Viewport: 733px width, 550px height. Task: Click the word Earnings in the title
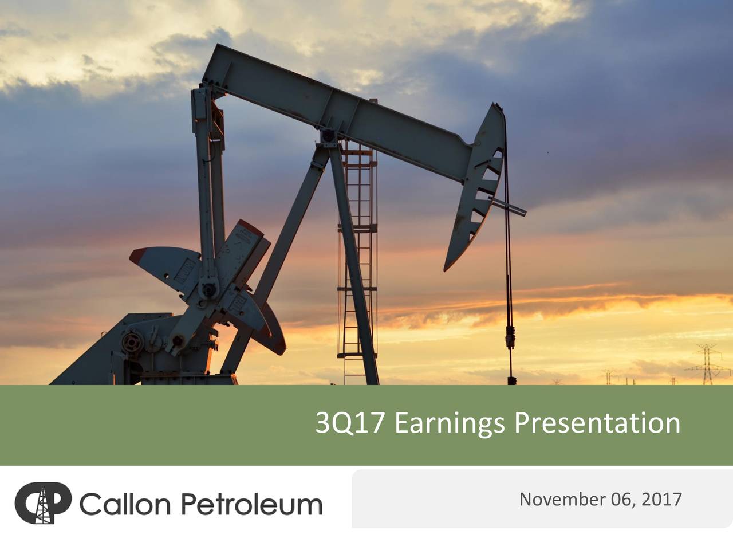coord(450,423)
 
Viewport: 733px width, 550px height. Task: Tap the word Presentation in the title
coord(597,423)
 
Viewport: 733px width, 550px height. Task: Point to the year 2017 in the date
coord(661,500)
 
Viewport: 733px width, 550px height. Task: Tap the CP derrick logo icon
coord(42,503)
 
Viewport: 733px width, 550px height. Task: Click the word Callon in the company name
coord(125,504)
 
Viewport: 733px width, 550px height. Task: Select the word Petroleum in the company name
coord(251,504)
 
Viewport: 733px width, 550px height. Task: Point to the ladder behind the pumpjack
coord(358,258)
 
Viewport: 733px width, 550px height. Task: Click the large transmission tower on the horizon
coord(708,363)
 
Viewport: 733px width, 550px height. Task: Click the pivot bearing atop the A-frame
coord(329,137)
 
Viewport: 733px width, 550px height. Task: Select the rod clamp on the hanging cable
coord(510,338)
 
